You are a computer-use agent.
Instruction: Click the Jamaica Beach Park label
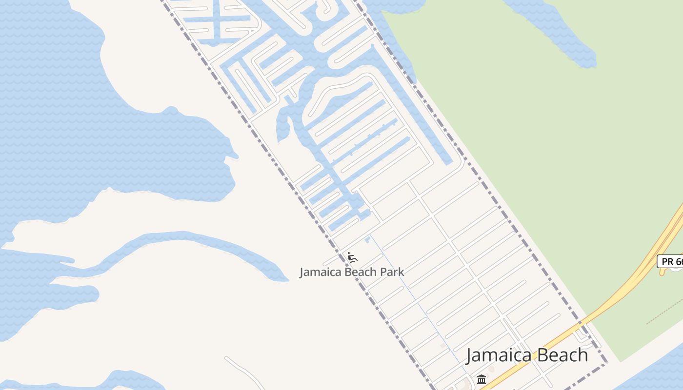(x=352, y=272)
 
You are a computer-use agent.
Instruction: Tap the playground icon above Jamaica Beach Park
(x=352, y=256)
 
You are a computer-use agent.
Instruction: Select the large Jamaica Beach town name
(x=527, y=355)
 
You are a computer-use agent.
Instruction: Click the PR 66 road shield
(x=670, y=261)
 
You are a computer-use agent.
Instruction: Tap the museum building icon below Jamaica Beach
(x=482, y=379)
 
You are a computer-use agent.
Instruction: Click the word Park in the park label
(x=392, y=272)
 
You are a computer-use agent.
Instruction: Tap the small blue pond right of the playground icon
(x=367, y=240)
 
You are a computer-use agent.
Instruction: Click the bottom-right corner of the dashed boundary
(x=606, y=364)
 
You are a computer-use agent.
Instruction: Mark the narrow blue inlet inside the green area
(x=561, y=34)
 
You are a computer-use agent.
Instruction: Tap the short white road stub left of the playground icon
(x=332, y=259)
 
